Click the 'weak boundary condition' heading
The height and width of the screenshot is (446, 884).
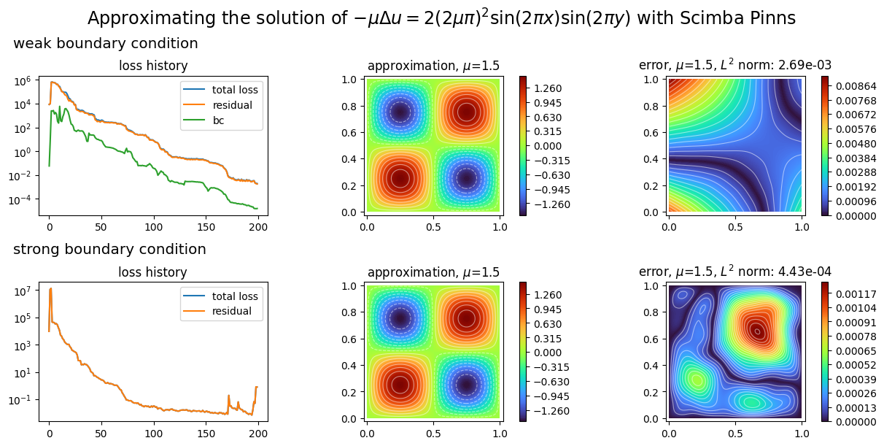[x=106, y=44]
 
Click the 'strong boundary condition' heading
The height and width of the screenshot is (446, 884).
[x=109, y=250]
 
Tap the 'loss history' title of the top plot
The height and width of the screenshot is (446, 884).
[x=153, y=66]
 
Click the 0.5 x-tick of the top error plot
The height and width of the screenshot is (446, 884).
[x=735, y=226]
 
